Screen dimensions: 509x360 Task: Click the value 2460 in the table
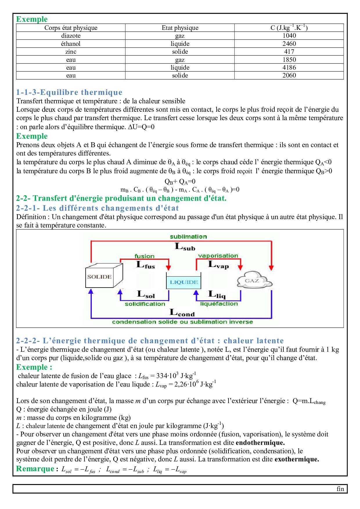point(289,44)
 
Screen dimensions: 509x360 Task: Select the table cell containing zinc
point(71,52)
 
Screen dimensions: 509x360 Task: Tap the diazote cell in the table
point(71,36)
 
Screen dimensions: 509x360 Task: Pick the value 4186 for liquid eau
point(289,68)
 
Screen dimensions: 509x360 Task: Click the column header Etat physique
point(180,28)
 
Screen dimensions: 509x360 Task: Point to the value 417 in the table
point(289,52)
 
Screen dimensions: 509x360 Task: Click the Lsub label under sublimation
point(185,247)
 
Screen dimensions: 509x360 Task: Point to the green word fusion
point(144,256)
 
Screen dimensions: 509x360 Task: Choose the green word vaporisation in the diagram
point(218,256)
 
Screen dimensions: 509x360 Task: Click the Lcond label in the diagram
point(182,313)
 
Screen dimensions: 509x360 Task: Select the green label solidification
point(145,304)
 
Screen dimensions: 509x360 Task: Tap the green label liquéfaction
point(219,304)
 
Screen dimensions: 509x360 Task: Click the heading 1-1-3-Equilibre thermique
point(69,92)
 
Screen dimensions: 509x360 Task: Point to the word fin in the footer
point(340,489)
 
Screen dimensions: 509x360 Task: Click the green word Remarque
point(35,469)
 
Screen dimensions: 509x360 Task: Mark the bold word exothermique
point(297,459)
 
